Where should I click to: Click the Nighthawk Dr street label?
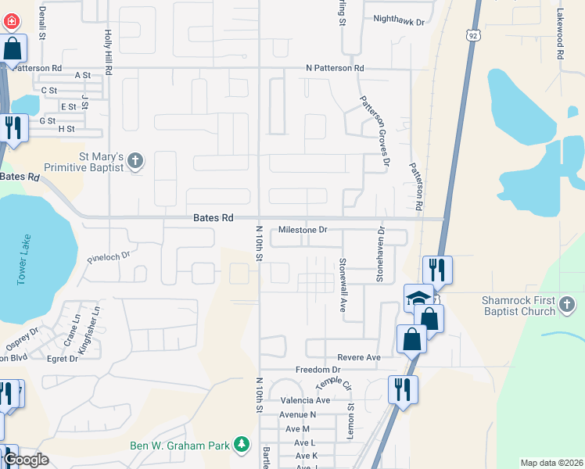[398, 21]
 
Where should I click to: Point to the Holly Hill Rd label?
[108, 53]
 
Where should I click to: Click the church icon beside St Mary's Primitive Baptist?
[135, 161]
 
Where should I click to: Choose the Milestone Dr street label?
[303, 230]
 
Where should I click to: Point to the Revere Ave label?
[360, 357]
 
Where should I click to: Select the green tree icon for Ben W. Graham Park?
[242, 445]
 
